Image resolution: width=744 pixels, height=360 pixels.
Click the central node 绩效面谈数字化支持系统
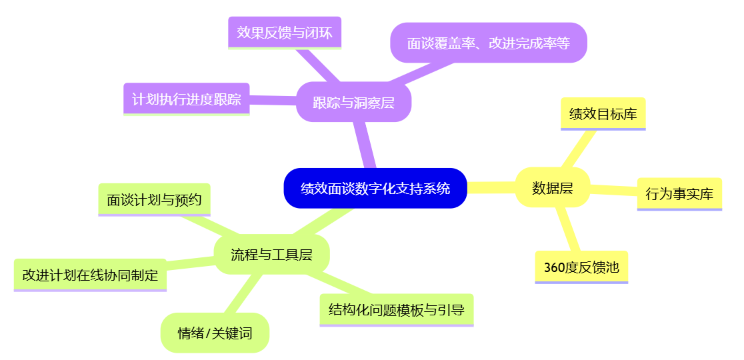click(375, 188)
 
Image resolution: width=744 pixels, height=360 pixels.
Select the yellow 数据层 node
click(552, 188)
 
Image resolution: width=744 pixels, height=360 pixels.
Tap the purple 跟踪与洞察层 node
click(353, 103)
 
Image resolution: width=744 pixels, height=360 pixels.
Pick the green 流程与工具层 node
click(271, 254)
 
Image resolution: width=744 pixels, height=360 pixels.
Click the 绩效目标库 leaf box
click(603, 114)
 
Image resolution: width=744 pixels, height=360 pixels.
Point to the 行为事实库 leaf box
click(679, 194)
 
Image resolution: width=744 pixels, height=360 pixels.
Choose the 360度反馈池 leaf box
click(581, 267)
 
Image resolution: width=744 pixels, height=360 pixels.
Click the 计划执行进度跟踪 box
click(187, 99)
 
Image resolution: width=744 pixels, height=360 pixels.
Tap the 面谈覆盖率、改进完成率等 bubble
click(488, 43)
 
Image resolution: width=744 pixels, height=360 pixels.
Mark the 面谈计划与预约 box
click(154, 199)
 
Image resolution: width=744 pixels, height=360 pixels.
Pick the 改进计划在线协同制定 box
click(90, 275)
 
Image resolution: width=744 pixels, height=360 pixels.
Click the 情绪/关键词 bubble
click(215, 333)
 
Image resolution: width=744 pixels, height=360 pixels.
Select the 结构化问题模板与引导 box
click(396, 310)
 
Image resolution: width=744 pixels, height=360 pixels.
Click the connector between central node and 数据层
click(491, 188)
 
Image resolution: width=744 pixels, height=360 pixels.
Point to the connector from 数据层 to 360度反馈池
click(567, 229)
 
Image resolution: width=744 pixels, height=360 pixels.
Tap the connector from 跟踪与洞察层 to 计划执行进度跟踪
click(273, 101)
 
